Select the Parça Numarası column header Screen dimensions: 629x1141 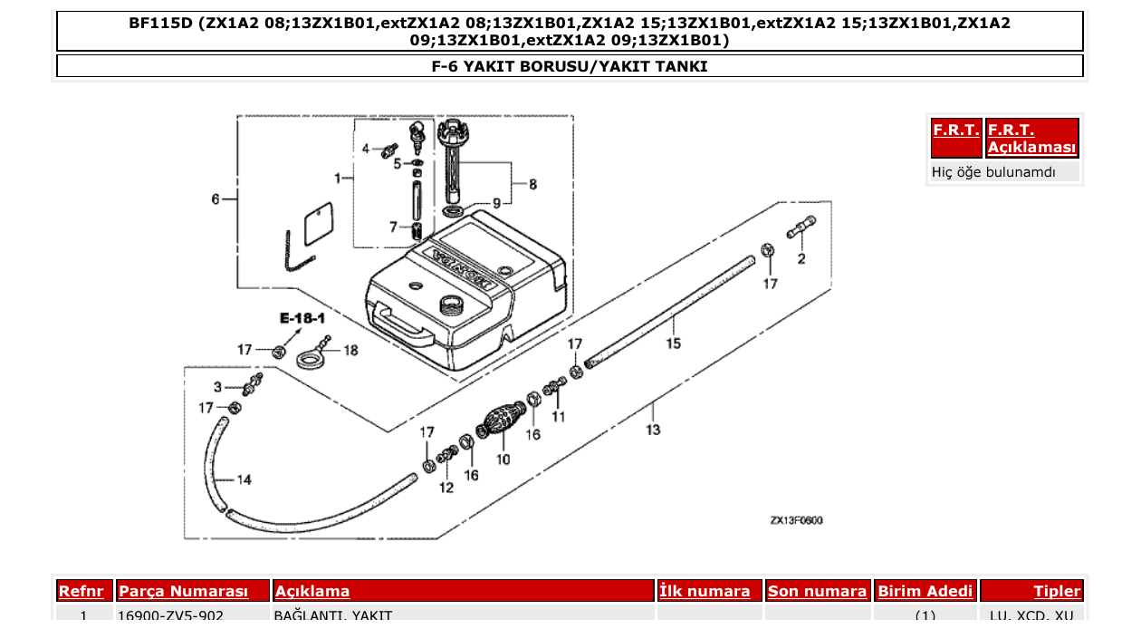click(183, 592)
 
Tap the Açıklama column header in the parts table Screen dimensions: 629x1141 click(312, 592)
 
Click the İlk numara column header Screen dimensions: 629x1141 click(705, 592)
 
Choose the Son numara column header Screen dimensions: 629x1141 click(817, 592)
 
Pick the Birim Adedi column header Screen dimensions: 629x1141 click(925, 592)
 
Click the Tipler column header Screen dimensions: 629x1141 click(1057, 592)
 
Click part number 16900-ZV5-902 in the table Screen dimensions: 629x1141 click(171, 616)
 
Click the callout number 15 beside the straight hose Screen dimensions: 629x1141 click(674, 344)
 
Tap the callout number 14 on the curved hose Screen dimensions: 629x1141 click(244, 479)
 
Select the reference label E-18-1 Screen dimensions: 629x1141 click(302, 319)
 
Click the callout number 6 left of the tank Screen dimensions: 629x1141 click(216, 199)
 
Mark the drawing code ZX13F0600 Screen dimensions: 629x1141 click(796, 521)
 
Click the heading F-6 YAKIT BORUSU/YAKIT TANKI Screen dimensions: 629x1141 click(570, 66)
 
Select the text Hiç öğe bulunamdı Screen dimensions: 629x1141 click(993, 171)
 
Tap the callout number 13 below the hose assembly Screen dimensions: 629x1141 click(653, 430)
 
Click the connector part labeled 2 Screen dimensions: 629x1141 click(801, 228)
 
